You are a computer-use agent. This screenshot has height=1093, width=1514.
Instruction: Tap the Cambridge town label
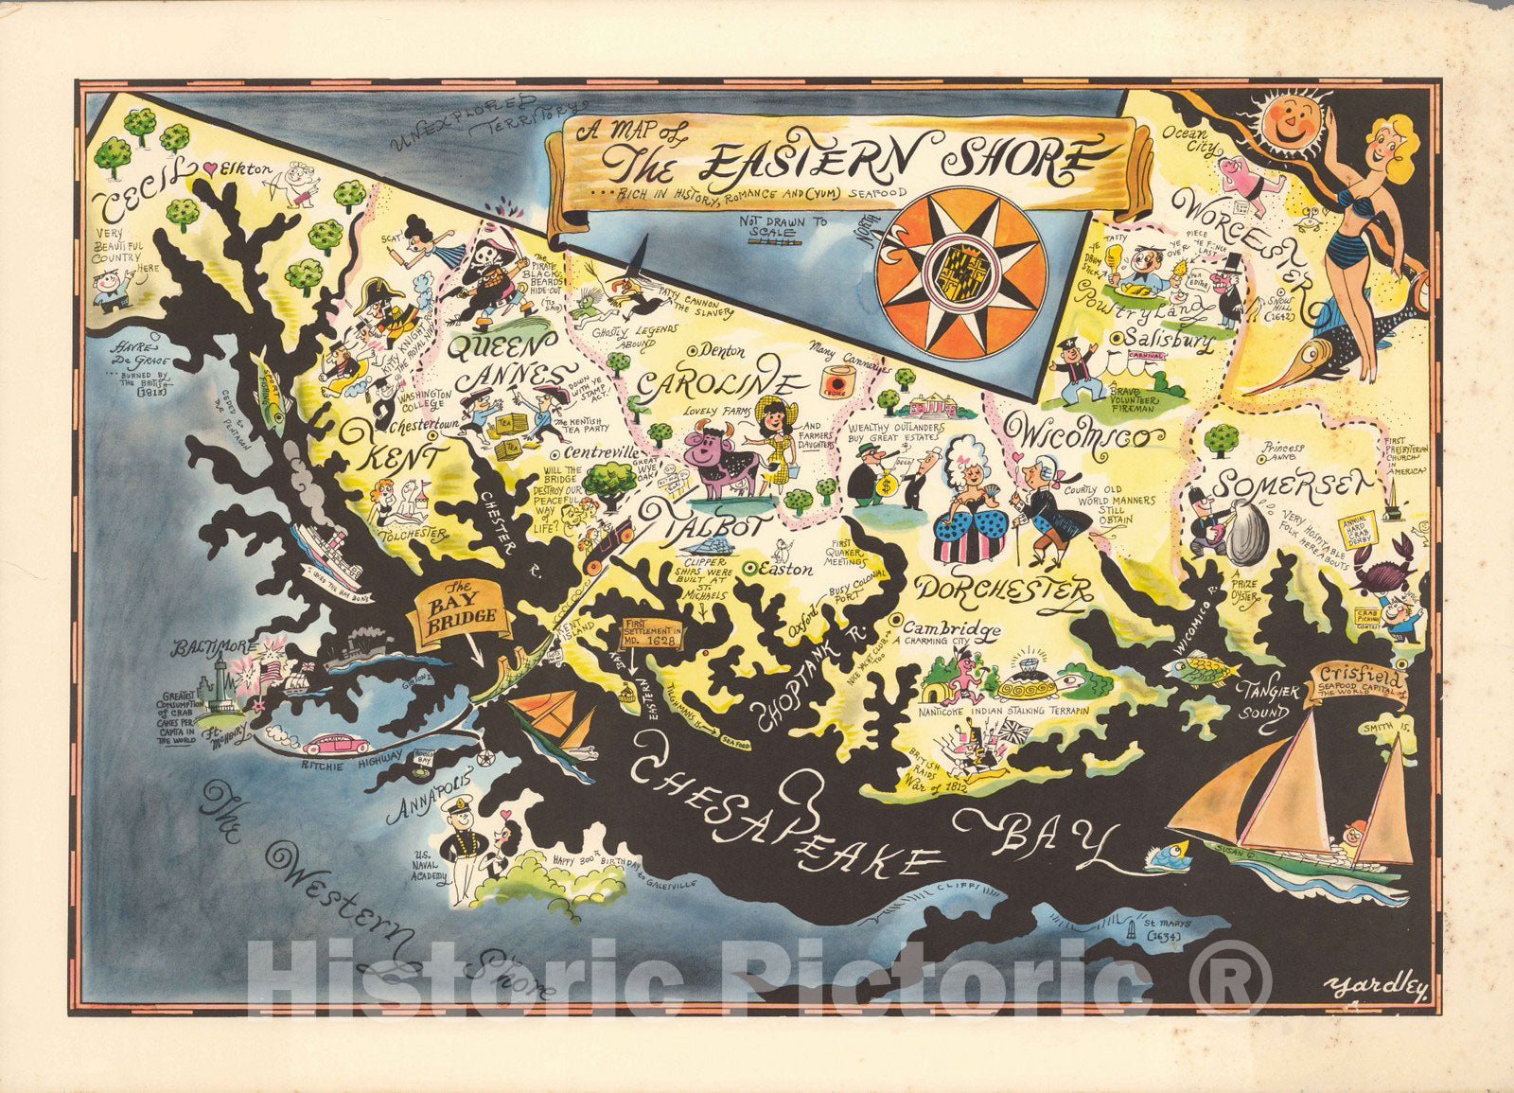pyautogui.click(x=952, y=628)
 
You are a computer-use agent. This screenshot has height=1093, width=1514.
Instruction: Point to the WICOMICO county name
pyautogui.click(x=1088, y=437)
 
